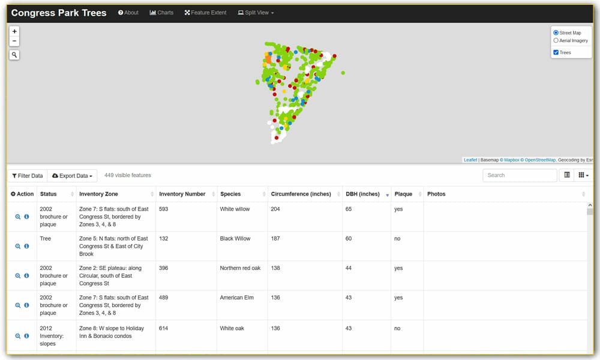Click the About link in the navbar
tap(128, 13)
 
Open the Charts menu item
tap(161, 13)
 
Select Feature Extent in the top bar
tap(206, 13)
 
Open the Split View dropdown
tap(256, 13)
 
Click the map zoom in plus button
tap(14, 31)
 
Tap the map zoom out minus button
tap(14, 41)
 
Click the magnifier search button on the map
tap(14, 55)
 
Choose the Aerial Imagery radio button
tap(556, 41)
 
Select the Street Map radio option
tap(556, 33)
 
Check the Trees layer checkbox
tap(556, 53)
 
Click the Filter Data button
tap(28, 176)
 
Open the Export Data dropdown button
tap(72, 176)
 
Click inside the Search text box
tap(519, 175)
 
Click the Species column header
tap(230, 194)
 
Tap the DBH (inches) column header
tap(362, 194)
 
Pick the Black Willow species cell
tap(235, 239)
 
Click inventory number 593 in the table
tap(164, 209)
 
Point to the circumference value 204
tap(276, 209)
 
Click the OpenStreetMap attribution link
tap(539, 160)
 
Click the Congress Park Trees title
tap(59, 13)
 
